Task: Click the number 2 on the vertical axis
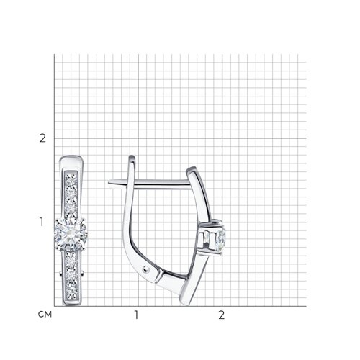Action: click(x=42, y=138)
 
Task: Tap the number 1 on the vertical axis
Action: click(x=42, y=222)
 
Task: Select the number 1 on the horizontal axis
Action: click(x=136, y=315)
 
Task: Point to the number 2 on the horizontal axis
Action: click(x=221, y=315)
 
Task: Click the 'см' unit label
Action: click(x=45, y=315)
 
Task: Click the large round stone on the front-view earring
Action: click(x=71, y=234)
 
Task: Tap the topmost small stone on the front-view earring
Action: click(x=71, y=177)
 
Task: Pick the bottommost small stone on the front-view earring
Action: click(x=71, y=292)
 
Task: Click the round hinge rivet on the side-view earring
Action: click(x=145, y=270)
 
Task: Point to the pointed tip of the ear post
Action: click(x=109, y=182)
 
